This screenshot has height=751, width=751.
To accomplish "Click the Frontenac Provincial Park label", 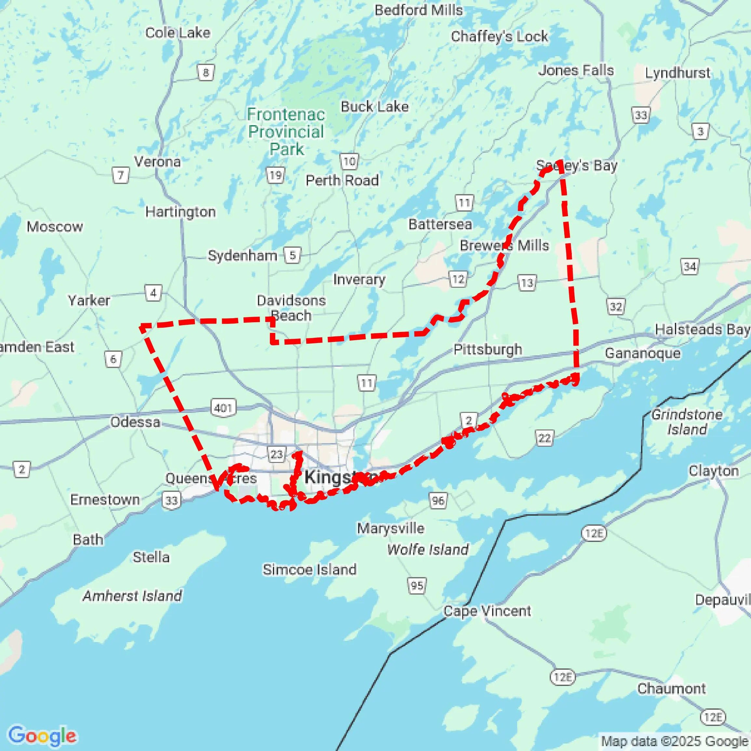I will coord(286,132).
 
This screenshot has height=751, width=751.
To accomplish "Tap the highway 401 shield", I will coord(223,408).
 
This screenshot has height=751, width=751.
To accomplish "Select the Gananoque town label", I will coord(642,353).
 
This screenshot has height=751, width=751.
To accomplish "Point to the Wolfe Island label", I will coord(428,549).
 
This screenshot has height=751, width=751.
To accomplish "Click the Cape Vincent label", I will coord(487,611).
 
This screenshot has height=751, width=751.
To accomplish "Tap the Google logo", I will coord(42,735).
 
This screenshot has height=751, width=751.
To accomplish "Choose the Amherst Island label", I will coord(132,596).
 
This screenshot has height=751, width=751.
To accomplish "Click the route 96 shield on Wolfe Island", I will coord(438,500).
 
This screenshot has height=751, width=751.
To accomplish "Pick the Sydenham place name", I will coord(242,256).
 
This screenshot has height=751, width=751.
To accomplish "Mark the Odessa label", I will coord(135,422).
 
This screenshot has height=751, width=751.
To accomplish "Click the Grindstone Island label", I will coord(687,422).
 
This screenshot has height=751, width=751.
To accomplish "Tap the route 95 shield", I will coord(417,586).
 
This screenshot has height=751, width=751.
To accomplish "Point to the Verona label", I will coord(157,161).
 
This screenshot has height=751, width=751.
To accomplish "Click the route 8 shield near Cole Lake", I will coord(206,72).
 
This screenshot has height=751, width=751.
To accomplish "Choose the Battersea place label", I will coord(440,224).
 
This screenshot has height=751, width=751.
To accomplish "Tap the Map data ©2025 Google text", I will coord(675,741).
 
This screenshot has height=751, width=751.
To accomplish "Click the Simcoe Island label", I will coord(309,570).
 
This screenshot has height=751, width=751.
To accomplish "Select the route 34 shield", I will coord(690,266).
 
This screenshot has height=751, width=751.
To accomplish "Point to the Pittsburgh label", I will coord(488,349).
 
